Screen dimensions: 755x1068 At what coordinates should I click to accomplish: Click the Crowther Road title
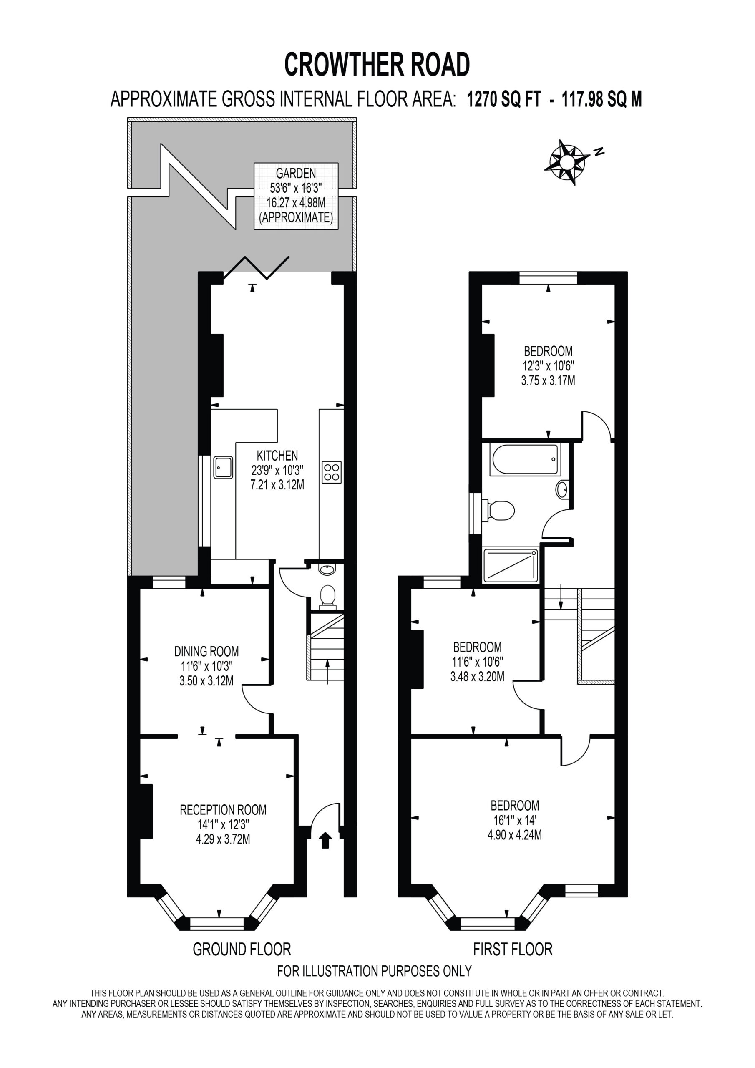(x=377, y=64)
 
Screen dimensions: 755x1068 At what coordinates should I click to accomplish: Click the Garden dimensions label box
(x=296, y=196)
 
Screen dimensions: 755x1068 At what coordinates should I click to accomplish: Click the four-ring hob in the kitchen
(x=332, y=472)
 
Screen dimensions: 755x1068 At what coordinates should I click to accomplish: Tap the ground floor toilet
(x=328, y=597)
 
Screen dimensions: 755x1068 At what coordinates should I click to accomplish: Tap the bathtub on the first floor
(x=524, y=460)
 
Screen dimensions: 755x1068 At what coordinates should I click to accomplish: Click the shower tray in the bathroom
(x=511, y=566)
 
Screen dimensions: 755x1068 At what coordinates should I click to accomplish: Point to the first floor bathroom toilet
(x=498, y=510)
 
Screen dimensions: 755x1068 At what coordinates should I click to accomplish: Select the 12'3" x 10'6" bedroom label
(x=548, y=365)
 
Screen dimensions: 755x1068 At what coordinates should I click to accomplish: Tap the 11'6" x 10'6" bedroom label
(x=477, y=662)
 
